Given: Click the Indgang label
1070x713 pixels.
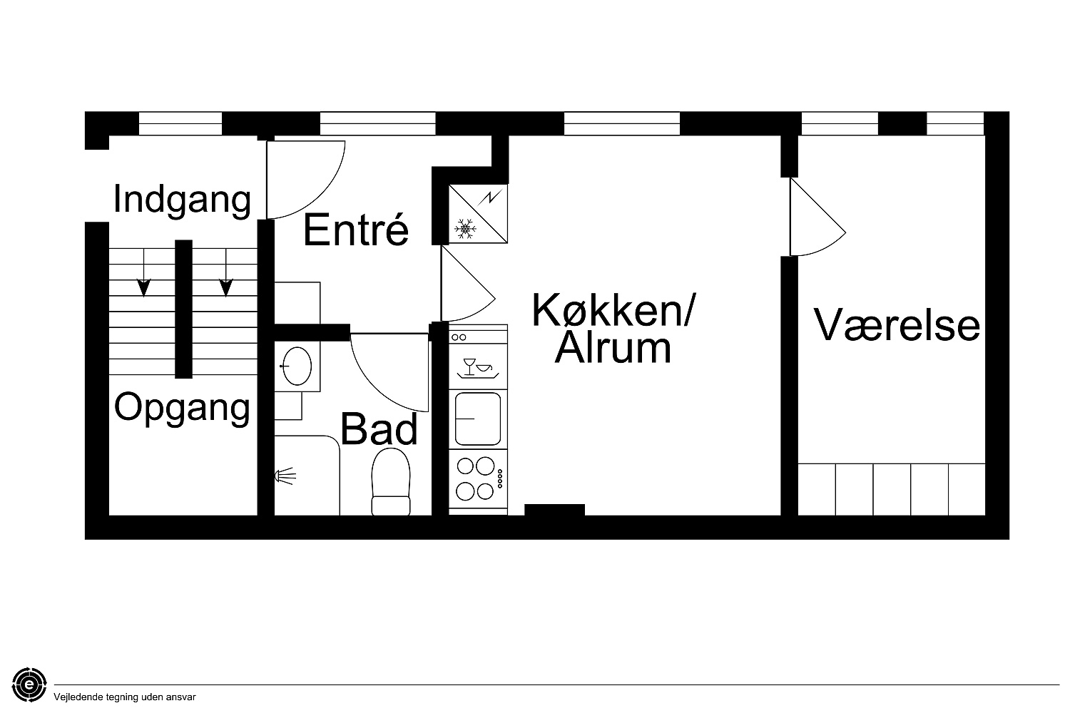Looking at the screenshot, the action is tap(182, 200).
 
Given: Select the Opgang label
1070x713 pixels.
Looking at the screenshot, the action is tap(182, 409).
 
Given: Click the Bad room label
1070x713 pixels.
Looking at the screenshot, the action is tap(379, 429).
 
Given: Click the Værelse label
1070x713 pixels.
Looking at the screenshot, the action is tap(897, 324).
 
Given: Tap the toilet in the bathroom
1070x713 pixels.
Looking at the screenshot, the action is tap(391, 481).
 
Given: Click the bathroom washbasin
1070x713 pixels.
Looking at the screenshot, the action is tap(297, 366).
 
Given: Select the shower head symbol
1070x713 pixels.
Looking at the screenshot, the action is tap(285, 476).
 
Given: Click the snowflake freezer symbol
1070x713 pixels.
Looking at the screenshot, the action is tap(465, 229).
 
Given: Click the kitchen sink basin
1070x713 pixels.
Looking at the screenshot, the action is tap(478, 419).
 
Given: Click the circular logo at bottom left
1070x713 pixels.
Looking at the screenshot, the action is tap(29, 684).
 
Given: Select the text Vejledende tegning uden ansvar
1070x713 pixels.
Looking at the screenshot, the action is tap(125, 697).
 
